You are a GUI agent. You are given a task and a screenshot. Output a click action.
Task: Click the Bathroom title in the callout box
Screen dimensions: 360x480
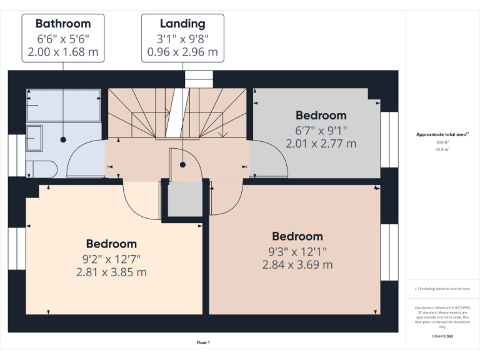tap(62, 24)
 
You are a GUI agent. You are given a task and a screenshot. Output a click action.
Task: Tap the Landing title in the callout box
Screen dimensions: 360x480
tap(182, 24)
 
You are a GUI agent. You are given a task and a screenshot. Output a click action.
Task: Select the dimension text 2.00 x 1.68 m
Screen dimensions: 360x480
tap(62, 52)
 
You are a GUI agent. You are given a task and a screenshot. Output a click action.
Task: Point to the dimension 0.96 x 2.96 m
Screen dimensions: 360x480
tap(182, 52)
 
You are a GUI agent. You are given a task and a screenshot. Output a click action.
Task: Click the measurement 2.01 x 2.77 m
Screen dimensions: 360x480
tap(321, 143)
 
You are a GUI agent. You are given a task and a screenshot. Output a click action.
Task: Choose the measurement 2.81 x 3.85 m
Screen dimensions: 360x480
tap(111, 272)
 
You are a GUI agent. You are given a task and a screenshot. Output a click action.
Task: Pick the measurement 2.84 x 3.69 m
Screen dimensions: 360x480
tap(297, 264)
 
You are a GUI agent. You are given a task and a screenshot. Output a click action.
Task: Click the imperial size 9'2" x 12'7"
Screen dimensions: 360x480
tap(111, 258)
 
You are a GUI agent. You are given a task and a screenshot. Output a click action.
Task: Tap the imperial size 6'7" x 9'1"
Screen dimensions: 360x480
tap(321, 130)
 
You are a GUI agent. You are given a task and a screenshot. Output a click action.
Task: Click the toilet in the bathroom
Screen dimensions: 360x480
tap(40, 167)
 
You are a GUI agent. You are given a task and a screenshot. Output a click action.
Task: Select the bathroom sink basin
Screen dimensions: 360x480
tap(34, 137)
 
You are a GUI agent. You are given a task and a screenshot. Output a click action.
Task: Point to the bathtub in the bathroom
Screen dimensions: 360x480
tap(64, 104)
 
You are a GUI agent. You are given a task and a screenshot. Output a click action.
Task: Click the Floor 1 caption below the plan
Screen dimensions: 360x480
tap(203, 342)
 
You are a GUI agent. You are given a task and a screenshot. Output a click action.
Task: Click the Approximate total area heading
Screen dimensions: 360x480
tap(442, 134)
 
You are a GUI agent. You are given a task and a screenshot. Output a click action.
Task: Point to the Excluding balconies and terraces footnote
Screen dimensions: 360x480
tap(442, 289)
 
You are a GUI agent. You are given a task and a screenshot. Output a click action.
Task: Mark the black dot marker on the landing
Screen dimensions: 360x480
tap(182, 165)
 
